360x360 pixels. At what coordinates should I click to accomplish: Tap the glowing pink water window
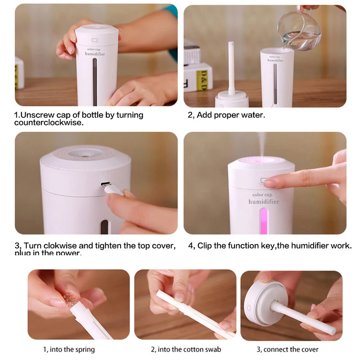tap(264, 219)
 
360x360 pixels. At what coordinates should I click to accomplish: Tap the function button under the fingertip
tap(264, 181)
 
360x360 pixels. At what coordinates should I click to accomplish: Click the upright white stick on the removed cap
tap(231, 67)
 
